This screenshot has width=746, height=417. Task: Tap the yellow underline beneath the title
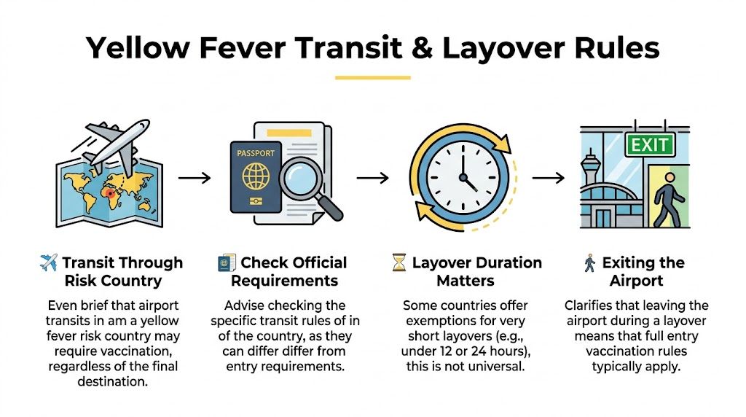(372, 77)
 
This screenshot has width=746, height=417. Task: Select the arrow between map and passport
(195, 177)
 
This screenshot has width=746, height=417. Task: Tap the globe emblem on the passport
(256, 176)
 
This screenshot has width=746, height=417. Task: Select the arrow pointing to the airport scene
(549, 177)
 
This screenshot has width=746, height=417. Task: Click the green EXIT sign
(650, 144)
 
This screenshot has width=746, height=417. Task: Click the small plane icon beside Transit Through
(48, 263)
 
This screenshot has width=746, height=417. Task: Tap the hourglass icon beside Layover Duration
(398, 263)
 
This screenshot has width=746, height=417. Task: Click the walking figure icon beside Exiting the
(589, 263)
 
